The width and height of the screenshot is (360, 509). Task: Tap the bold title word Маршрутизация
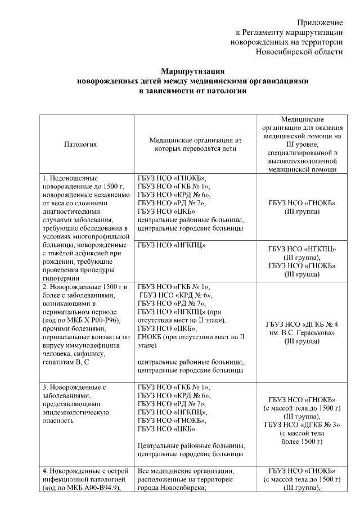coord(193,71)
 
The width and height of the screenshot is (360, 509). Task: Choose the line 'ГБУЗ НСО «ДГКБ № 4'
coord(302,325)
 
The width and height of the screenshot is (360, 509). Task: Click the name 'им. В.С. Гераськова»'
coord(302,333)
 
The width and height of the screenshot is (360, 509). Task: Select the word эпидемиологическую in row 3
coord(75,413)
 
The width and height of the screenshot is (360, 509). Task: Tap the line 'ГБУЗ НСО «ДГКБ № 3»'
coord(302,425)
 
